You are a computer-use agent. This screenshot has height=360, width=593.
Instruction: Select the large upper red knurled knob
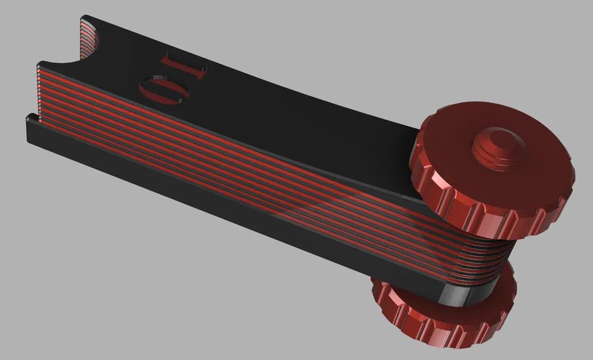coord(493,167)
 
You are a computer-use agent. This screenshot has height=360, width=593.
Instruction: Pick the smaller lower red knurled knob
coord(444,314)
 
